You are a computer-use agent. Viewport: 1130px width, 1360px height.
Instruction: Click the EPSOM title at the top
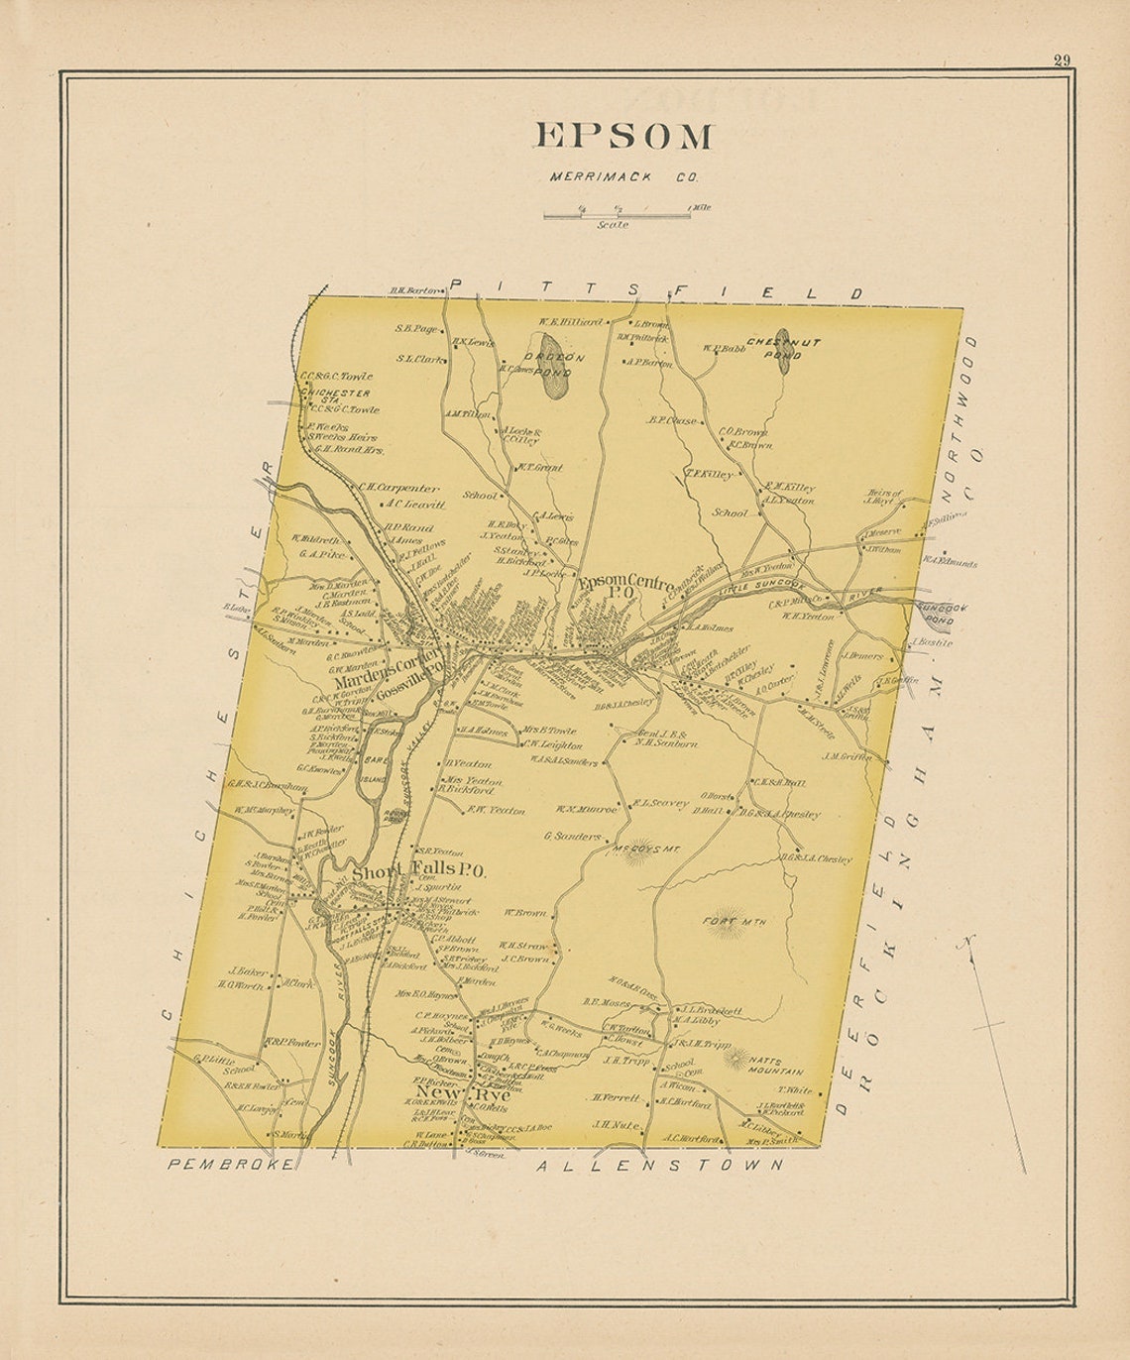tap(623, 136)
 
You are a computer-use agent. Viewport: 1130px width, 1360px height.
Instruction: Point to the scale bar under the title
tap(616, 211)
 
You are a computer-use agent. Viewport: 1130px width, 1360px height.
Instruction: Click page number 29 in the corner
tap(1061, 61)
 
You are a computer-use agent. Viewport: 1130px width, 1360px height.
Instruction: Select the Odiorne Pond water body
tap(553, 382)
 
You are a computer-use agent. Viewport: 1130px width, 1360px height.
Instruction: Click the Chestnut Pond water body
tap(783, 352)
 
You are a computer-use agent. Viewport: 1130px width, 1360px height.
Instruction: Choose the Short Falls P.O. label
tap(418, 871)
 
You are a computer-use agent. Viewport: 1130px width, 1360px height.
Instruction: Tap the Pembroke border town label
tap(230, 1164)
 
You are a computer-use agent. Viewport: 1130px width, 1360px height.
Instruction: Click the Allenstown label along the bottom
tap(659, 1166)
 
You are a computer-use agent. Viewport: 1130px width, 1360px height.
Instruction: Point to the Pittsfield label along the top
tap(654, 289)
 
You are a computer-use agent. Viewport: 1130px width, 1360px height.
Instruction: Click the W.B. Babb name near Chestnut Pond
tap(724, 349)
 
